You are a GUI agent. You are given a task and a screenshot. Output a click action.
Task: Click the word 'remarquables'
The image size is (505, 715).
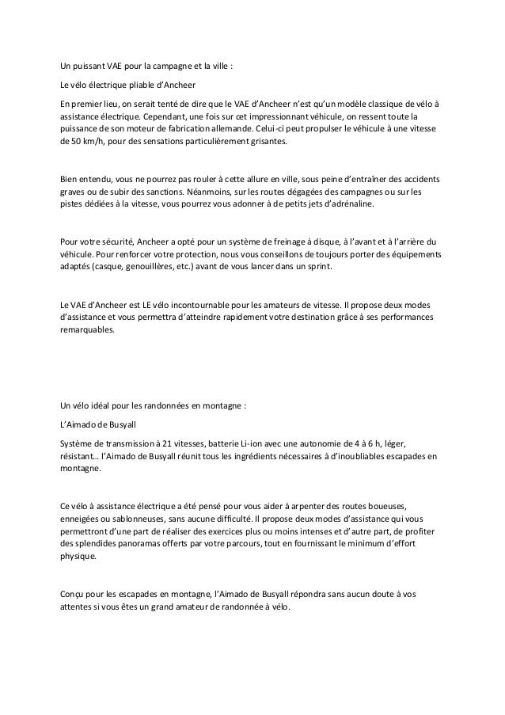[88, 330]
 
